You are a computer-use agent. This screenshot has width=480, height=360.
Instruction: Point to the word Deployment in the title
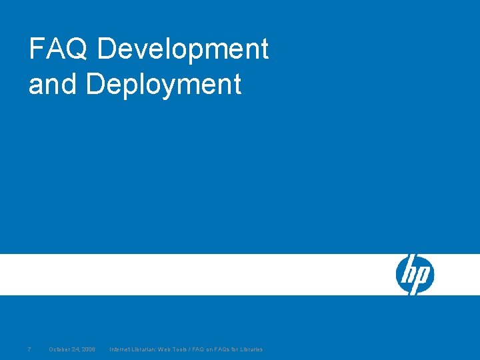coord(163,85)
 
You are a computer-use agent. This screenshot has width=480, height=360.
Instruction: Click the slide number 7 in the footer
coord(29,349)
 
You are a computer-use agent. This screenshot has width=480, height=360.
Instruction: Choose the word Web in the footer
coord(163,349)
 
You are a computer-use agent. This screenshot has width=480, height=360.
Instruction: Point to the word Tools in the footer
coord(179,349)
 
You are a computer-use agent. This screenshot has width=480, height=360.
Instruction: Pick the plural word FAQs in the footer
coord(223,349)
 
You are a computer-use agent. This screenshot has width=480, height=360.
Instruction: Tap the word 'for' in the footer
coord(235,349)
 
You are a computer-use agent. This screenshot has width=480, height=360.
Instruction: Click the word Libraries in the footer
coord(251,349)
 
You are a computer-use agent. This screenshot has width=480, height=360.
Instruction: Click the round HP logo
coord(415,275)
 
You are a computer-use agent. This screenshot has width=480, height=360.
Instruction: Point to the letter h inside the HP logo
coord(409,273)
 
